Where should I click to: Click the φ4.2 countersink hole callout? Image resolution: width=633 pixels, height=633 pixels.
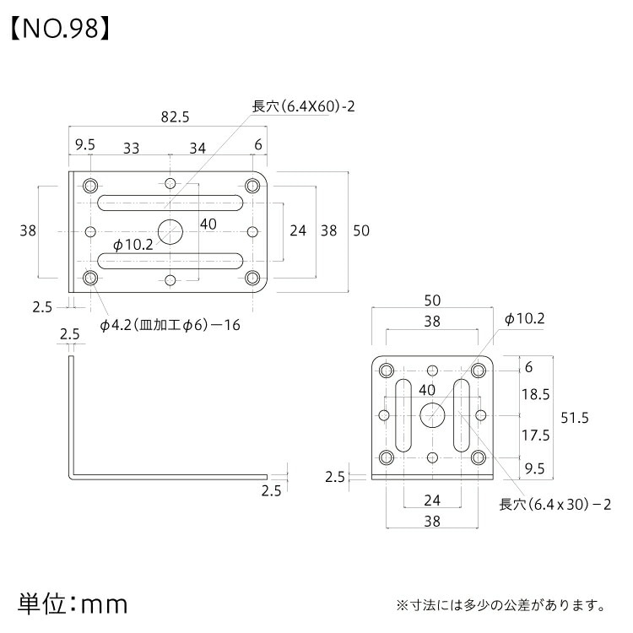tap(170, 325)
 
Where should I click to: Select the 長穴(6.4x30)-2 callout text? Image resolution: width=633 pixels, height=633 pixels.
tap(555, 505)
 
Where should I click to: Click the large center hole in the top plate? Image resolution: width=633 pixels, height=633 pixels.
tap(171, 230)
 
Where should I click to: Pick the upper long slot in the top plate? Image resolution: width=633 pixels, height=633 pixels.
tap(170, 203)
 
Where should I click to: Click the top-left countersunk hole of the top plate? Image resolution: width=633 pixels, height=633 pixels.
tap(89, 184)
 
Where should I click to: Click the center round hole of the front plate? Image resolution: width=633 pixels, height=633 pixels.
tap(433, 414)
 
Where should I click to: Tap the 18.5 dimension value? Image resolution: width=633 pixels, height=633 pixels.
tap(535, 394)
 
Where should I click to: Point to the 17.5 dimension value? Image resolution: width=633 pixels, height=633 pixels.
tap(535, 436)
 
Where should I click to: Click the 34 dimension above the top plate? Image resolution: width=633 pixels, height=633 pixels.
tap(197, 148)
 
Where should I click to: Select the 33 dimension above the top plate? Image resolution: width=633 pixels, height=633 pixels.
tap(131, 148)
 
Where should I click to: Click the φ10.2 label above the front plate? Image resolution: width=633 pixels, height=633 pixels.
tap(525, 319)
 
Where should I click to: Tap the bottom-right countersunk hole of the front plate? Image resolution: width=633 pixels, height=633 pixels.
tap(479, 457)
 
